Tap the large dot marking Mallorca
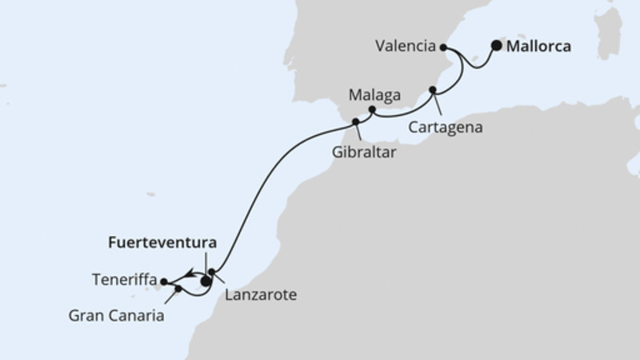click(497, 46)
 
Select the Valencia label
click(405, 46)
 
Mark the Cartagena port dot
click(434, 90)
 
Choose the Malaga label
click(374, 94)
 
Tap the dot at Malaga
click(372, 109)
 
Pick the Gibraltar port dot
click(355, 122)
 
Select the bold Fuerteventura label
click(163, 241)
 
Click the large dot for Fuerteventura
click(206, 281)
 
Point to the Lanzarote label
click(261, 295)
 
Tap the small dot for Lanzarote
click(211, 272)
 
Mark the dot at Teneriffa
click(164, 281)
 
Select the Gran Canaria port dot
click(178, 288)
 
